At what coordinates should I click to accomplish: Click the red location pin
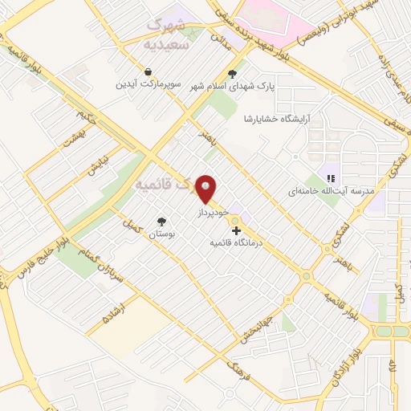tap(207, 189)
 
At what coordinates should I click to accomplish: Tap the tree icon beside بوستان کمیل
tap(163, 222)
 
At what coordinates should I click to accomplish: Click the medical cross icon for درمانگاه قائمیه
tap(235, 230)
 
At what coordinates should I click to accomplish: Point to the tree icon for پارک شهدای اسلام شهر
tap(232, 75)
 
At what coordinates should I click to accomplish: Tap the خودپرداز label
tap(214, 211)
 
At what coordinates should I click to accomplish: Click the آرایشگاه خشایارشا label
tap(277, 118)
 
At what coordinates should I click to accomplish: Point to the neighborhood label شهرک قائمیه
tap(165, 184)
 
